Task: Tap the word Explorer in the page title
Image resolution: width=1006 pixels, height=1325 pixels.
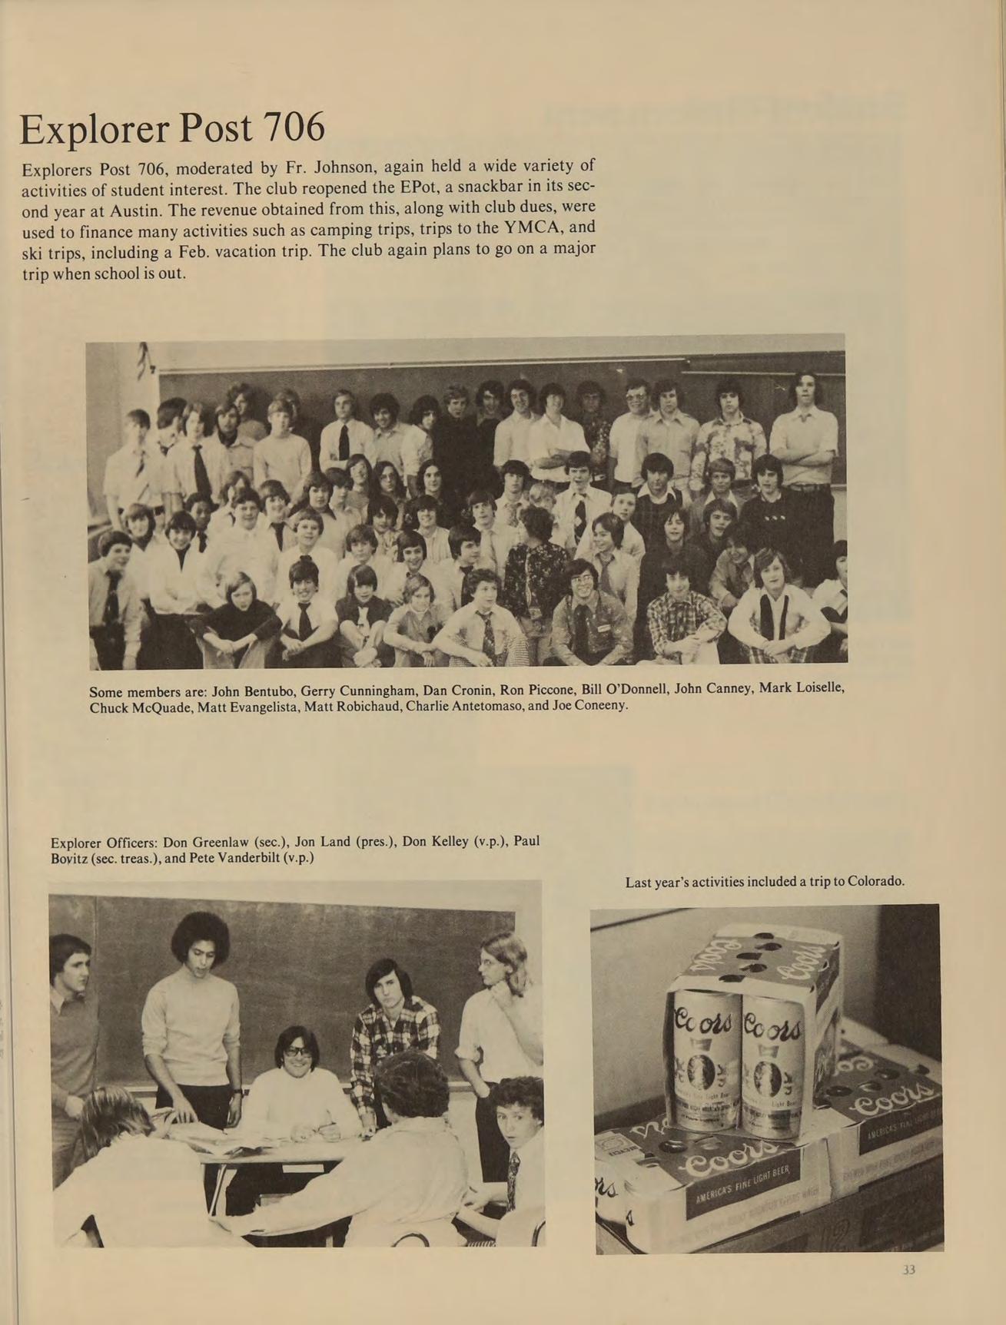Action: pos(93,129)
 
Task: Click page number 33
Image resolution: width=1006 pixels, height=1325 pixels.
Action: pos(909,1270)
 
